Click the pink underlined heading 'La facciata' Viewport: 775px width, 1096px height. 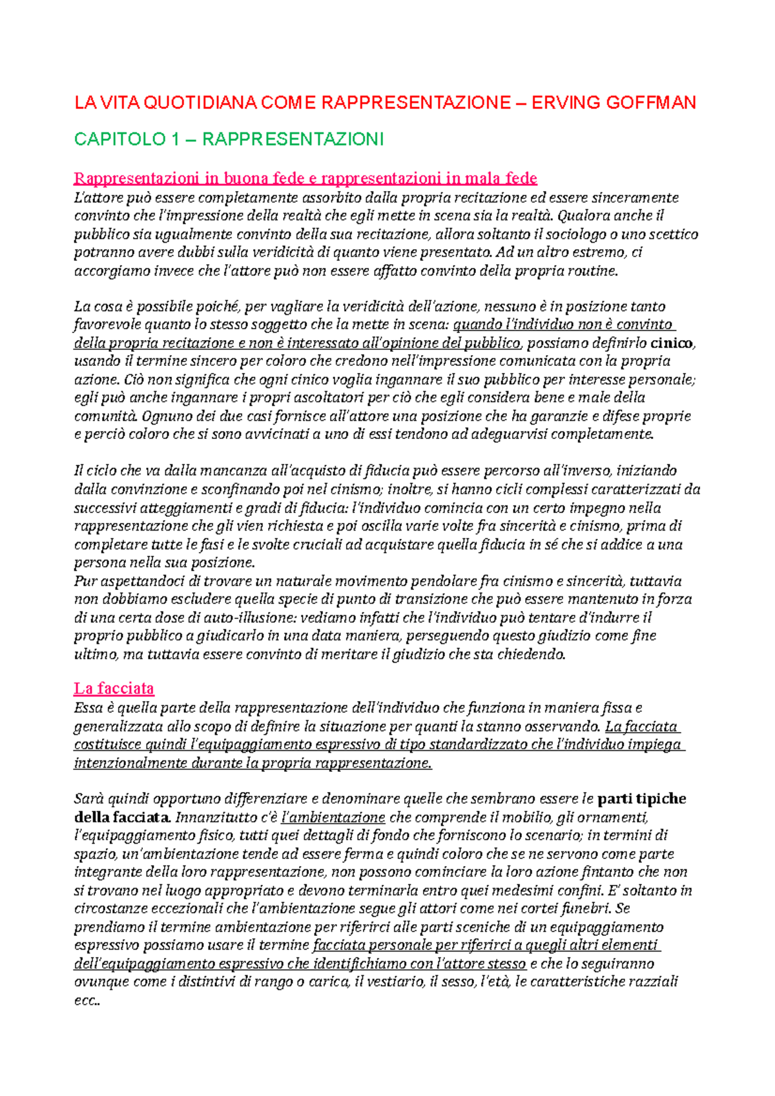pos(114,688)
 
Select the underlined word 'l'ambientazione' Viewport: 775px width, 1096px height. pos(333,817)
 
